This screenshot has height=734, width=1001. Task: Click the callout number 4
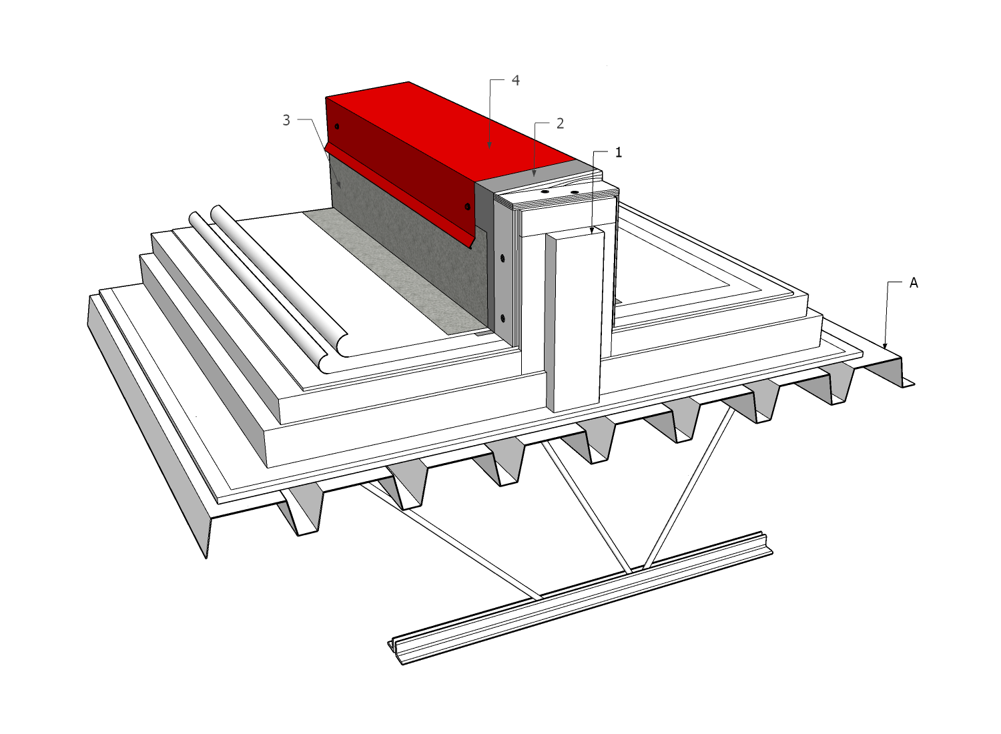click(515, 81)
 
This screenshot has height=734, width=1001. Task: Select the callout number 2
click(560, 123)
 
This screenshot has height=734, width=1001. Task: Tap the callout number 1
click(619, 152)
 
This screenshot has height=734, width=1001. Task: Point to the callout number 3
click(286, 120)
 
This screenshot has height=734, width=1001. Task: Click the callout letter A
click(914, 283)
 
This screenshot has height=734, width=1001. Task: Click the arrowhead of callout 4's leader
click(490, 145)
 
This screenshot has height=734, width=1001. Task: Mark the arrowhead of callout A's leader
click(886, 345)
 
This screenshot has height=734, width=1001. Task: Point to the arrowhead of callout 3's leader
click(338, 184)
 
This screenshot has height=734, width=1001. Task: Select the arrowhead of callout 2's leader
click(535, 173)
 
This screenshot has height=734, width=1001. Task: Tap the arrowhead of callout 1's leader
click(593, 230)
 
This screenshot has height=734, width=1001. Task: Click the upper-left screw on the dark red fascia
click(337, 127)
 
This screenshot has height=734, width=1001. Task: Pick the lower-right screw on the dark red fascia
click(467, 206)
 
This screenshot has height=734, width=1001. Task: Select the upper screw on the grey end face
click(503, 258)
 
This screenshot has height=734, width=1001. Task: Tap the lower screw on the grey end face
click(503, 318)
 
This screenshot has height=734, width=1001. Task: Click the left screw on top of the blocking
click(545, 191)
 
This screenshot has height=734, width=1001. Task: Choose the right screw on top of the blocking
click(575, 193)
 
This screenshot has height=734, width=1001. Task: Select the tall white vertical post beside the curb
click(575, 320)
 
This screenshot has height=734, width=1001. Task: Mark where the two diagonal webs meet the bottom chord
click(636, 571)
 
